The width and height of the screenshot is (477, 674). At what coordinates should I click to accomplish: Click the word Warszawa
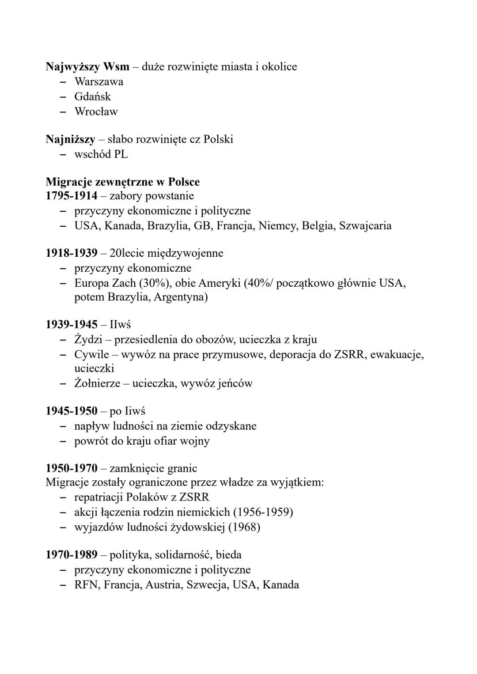[98, 82]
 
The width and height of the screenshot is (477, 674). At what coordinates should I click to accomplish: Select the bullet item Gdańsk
[92, 97]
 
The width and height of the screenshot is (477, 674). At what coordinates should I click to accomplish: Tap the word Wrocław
[96, 112]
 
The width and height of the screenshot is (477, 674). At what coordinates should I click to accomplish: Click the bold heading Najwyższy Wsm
[87, 67]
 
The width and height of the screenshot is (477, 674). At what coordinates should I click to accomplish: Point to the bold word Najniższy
[70, 139]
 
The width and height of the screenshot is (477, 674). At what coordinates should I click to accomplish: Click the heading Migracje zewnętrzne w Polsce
[122, 182]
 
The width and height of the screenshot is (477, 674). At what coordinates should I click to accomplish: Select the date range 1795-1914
[71, 195]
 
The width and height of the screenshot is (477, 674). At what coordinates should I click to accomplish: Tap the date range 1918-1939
[71, 253]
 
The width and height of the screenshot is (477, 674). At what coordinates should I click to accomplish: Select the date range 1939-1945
[71, 325]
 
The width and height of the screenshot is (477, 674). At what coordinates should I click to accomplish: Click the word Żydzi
[88, 340]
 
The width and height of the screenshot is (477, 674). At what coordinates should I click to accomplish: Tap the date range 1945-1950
[71, 411]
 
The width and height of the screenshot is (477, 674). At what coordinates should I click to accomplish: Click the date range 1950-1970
[71, 468]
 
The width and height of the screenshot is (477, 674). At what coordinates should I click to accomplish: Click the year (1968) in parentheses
[244, 527]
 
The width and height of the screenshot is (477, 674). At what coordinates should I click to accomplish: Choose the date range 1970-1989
[71, 554]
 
